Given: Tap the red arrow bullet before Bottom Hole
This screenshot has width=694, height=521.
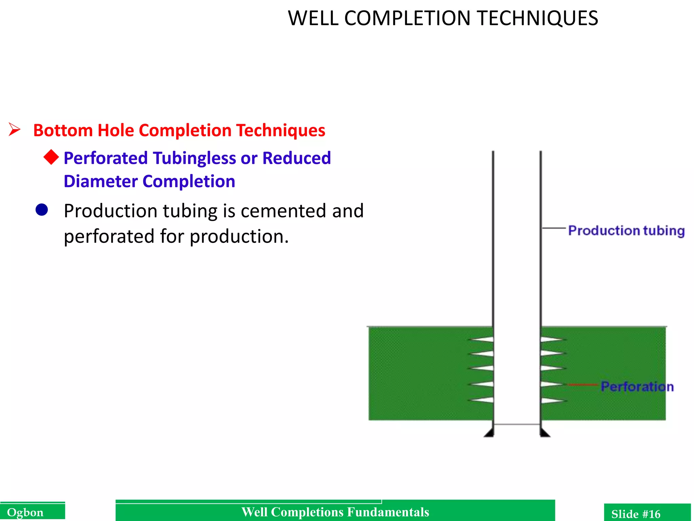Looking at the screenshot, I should coord(15,130).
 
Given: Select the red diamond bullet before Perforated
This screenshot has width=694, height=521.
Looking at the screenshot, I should coord(51,157).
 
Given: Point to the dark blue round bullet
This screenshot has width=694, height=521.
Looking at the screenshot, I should coord(42,210).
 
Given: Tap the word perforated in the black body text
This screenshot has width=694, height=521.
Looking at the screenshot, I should coord(108,236).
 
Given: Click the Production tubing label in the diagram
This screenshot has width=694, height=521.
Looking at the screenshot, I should coord(626,231).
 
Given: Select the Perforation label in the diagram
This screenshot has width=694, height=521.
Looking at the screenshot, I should coord(637,387).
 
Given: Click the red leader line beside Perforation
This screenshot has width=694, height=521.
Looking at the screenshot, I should coord(582,385).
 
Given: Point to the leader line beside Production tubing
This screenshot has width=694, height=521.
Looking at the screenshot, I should coord(554,228).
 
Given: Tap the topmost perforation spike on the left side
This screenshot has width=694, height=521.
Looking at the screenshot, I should coord(481,339).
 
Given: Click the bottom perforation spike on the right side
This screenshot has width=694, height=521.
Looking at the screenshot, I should coord(552,401).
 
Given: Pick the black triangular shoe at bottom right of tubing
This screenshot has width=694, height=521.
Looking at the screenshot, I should coord(545,433).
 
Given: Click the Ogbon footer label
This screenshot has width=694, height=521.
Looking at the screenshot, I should coord(25,513).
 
